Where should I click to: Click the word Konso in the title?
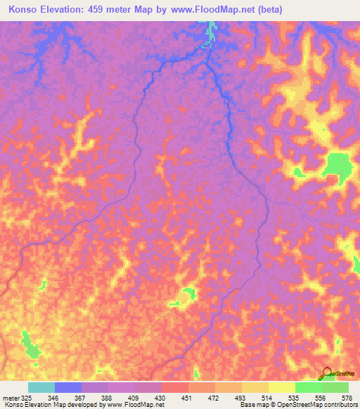pyautogui.click(x=22, y=11)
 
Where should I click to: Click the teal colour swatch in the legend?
pyautogui.click(x=41, y=387)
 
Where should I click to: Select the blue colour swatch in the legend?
pyautogui.click(x=68, y=387)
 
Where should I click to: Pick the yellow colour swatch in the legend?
pyautogui.click(x=281, y=387)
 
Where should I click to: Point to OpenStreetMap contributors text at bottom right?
pyautogui.click(x=309, y=405)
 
